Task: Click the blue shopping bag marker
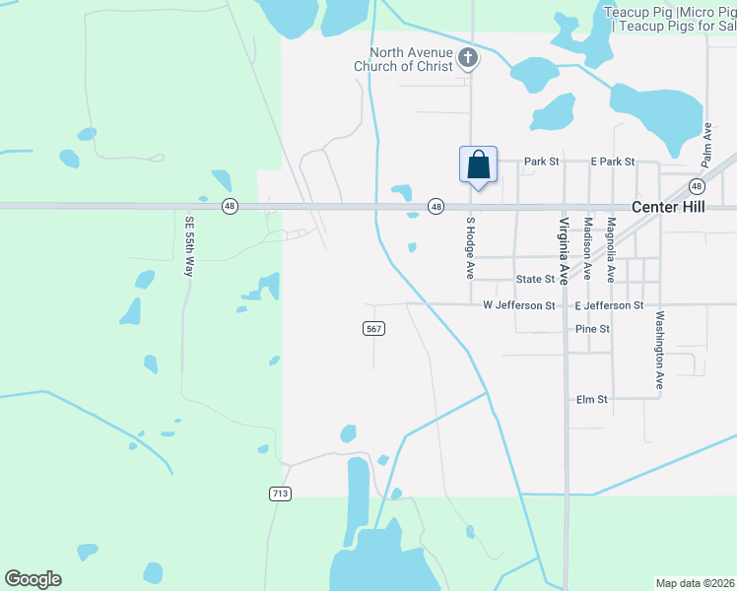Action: tap(478, 164)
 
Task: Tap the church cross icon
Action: tap(469, 59)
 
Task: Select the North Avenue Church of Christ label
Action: tap(411, 59)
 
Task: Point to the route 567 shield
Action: tap(373, 329)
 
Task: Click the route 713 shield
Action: tap(279, 492)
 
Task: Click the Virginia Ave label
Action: tap(566, 251)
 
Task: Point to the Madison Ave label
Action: tap(588, 249)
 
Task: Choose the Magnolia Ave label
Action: tap(611, 250)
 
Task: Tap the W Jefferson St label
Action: tap(518, 306)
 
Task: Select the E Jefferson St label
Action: tap(608, 306)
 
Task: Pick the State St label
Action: tap(536, 280)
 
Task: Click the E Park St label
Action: tap(612, 162)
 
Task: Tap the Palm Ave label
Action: tap(706, 144)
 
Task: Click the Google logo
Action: tap(33, 579)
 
